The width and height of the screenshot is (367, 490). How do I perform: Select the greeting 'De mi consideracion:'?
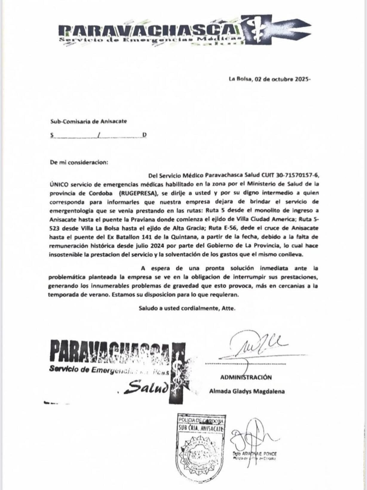(79, 162)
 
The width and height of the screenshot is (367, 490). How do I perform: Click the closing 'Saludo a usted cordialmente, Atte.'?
(187, 309)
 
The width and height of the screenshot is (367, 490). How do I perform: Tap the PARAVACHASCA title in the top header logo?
(148, 30)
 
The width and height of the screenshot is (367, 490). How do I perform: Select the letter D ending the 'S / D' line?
(144, 135)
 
